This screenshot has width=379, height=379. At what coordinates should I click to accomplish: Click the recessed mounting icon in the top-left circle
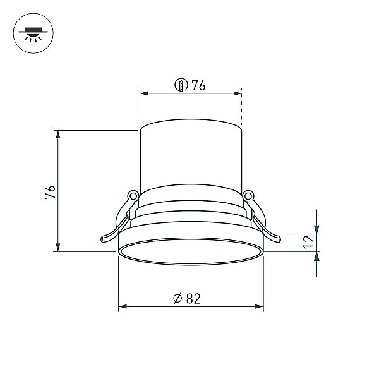point(33,33)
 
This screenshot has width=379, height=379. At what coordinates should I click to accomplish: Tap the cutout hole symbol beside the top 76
point(181,85)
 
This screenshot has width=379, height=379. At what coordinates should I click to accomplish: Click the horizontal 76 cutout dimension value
point(198,85)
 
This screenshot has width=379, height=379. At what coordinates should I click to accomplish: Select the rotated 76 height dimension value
point(50,192)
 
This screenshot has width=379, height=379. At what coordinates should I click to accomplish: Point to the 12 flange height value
point(309,241)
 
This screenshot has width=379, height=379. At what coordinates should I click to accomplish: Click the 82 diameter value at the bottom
point(193,299)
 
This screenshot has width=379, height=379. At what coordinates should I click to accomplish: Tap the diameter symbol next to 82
point(177,299)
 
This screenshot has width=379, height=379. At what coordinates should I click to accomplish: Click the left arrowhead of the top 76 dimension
point(144,93)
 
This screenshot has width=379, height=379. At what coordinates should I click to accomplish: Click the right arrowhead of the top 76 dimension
point(238,93)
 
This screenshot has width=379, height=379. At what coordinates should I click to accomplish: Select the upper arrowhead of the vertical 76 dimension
point(57,135)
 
